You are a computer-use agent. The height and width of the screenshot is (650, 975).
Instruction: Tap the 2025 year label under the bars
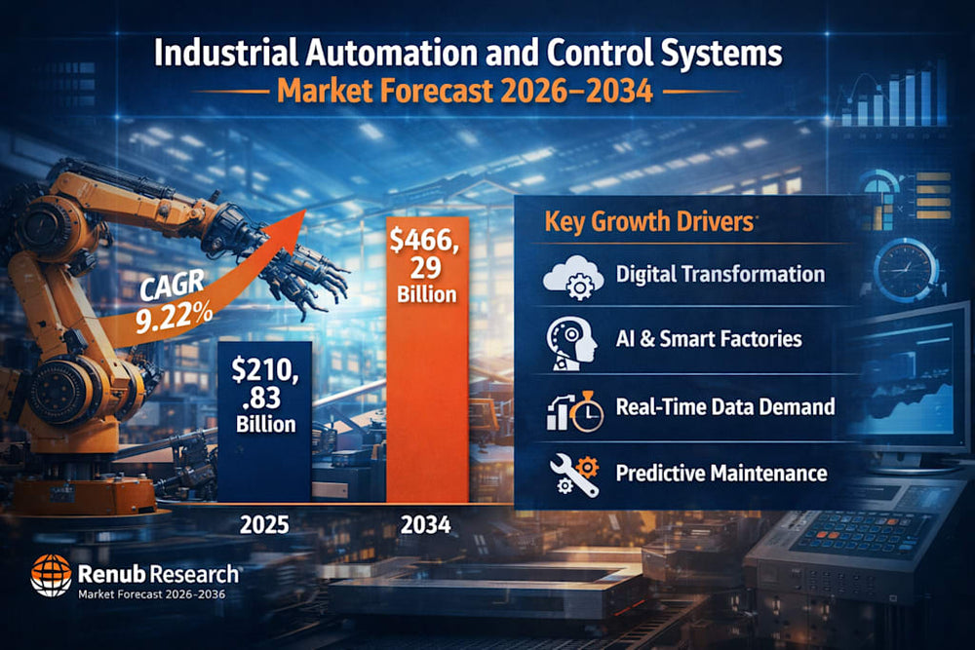coord(264,525)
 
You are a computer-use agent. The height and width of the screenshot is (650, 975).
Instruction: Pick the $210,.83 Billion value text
coord(264,396)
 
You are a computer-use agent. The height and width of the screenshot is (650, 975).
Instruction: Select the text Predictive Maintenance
coord(721,475)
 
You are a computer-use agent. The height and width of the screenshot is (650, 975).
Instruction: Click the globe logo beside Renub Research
coord(50,575)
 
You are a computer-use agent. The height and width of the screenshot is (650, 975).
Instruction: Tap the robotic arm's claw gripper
coord(312,273)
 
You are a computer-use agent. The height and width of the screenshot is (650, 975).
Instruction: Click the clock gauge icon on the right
coord(906,268)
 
